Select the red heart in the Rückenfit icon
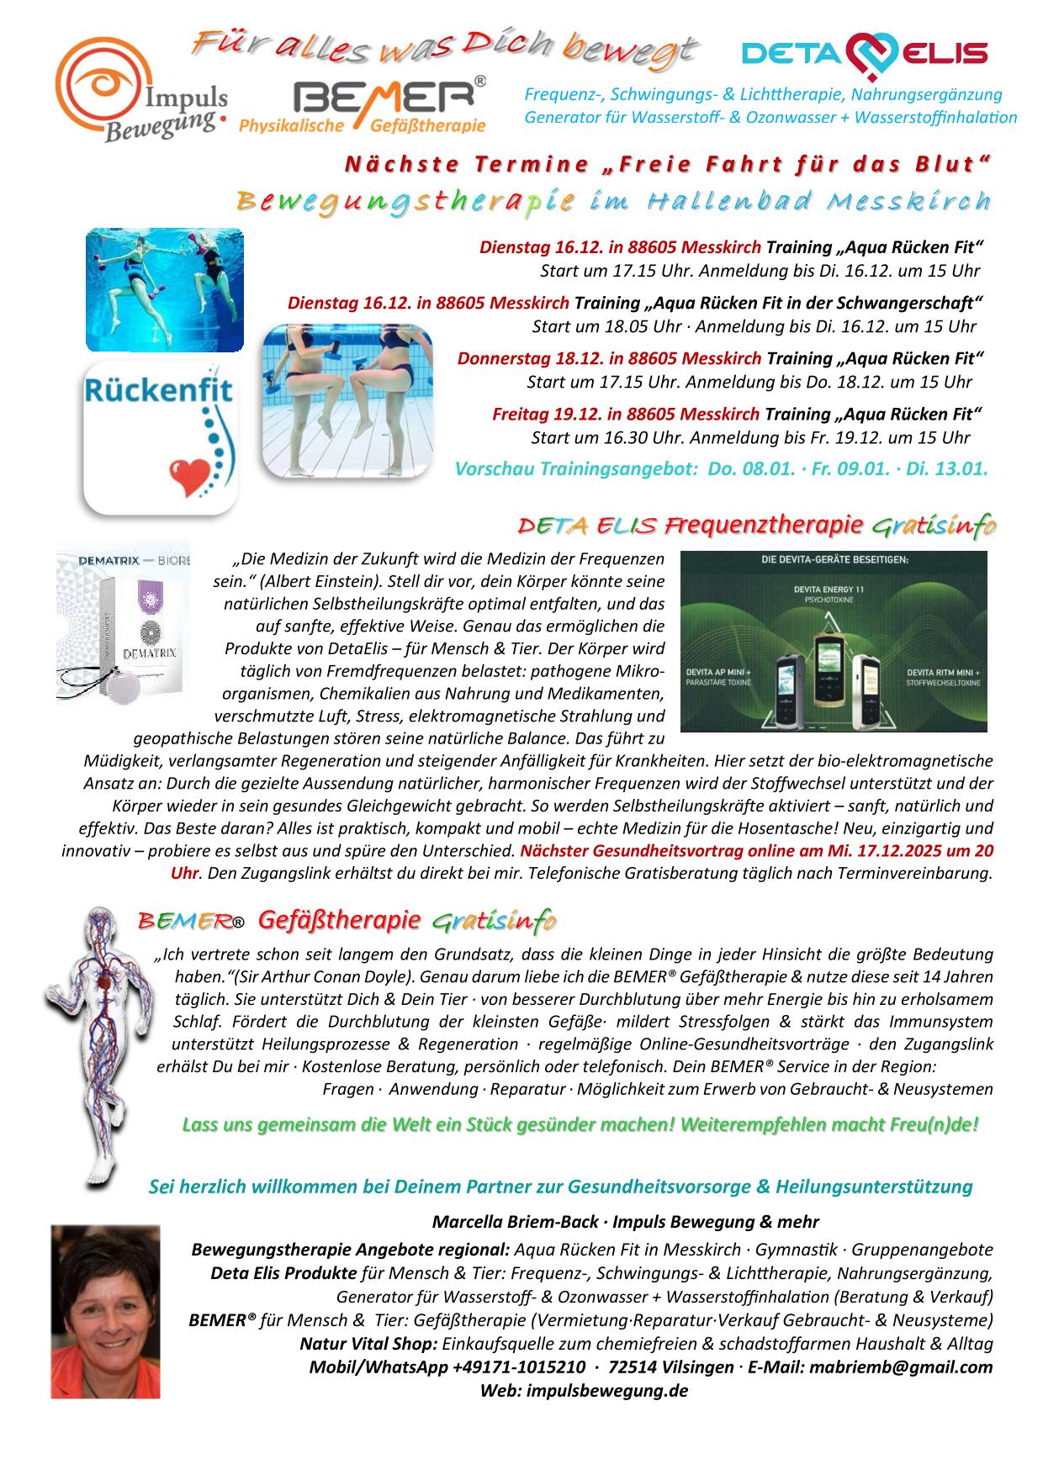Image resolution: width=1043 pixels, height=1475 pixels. pos(187,476)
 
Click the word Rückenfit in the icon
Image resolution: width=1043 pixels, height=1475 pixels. pos(159,392)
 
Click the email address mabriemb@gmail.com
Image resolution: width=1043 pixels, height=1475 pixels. pos(900,1367)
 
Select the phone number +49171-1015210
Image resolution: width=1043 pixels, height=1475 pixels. pos(518,1367)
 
